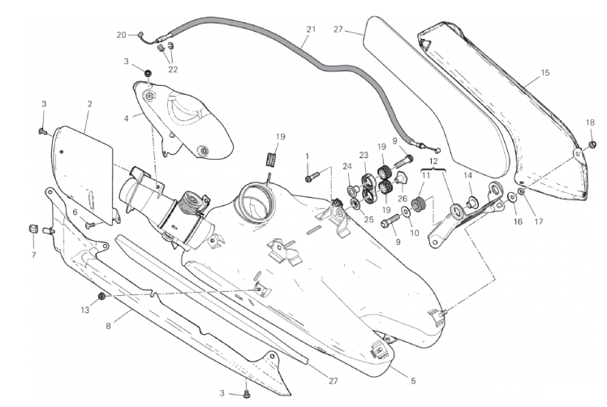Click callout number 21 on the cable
(309, 30)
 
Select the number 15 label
(545, 73)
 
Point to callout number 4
(127, 118)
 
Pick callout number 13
(85, 309)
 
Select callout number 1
(308, 156)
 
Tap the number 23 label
(364, 154)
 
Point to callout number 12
(434, 161)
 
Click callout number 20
(122, 35)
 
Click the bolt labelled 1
(314, 175)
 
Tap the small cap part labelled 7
(34, 227)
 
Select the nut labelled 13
(101, 297)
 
